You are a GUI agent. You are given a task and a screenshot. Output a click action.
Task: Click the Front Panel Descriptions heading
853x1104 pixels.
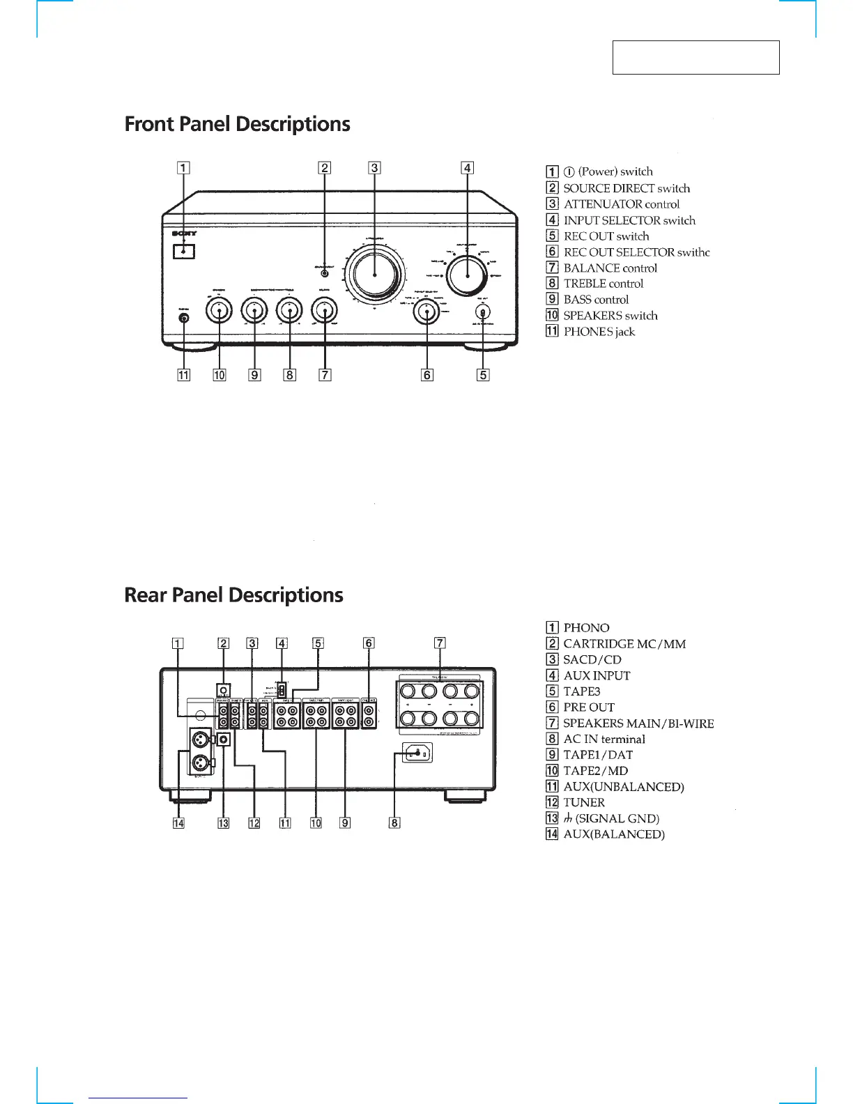[237, 125]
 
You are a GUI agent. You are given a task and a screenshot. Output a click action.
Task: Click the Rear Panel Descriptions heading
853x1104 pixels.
[233, 595]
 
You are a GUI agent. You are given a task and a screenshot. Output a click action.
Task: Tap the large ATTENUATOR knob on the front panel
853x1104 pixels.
[375, 274]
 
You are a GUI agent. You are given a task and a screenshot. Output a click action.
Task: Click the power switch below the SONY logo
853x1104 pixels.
[184, 250]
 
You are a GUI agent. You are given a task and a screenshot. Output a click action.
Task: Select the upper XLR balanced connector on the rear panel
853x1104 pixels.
[201, 739]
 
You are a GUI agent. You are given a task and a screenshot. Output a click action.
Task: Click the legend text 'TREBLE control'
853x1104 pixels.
[603, 284]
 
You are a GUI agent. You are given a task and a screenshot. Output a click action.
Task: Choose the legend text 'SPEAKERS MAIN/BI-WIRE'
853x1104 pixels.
[638, 723]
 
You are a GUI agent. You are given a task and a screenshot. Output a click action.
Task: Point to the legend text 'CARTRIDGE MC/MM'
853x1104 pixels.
[624, 644]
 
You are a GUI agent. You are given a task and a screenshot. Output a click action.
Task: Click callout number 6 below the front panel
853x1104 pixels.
[427, 375]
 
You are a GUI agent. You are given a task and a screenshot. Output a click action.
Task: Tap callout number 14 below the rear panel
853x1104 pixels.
[179, 823]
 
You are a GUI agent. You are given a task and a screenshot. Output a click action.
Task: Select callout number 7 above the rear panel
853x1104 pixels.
[440, 643]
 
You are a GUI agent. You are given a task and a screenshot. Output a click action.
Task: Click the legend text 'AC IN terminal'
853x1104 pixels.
[604, 739]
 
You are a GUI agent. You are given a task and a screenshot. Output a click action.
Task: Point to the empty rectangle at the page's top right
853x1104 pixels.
[696, 57]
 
